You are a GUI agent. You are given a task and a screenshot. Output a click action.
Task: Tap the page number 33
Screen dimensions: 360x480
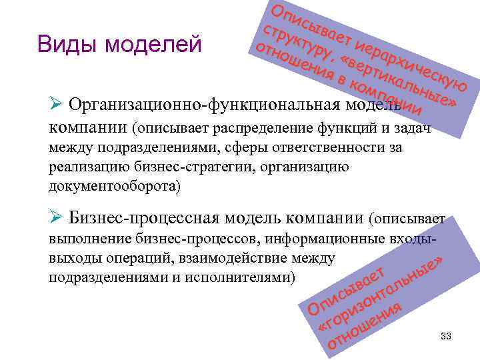(x=446, y=337)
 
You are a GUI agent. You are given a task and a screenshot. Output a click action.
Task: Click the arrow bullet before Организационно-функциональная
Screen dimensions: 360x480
(x=57, y=105)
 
